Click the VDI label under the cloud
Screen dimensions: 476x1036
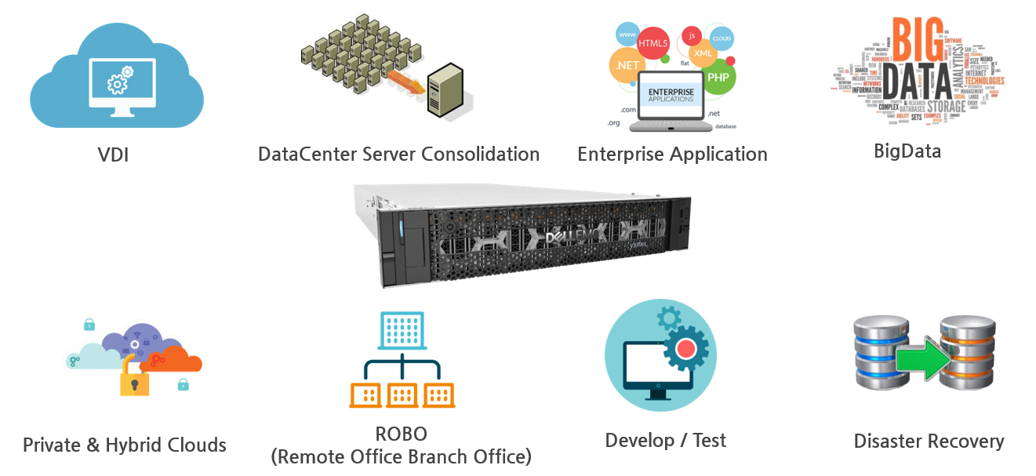[113, 154]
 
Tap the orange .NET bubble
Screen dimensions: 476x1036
[627, 66]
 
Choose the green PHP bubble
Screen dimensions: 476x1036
[718, 77]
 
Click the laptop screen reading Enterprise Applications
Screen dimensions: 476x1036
[671, 96]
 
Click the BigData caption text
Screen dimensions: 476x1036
[907, 151]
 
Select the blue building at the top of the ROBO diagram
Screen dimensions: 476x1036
[402, 330]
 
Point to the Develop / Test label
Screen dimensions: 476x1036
[665, 440]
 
